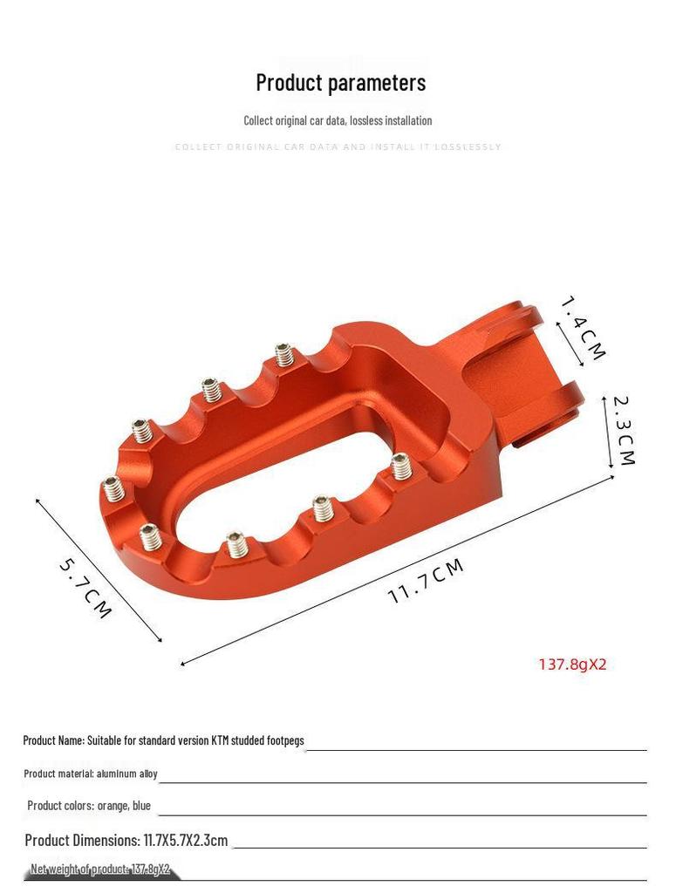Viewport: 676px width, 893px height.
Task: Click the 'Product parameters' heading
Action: pyautogui.click(x=340, y=82)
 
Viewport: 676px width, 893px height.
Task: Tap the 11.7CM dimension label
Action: pyautogui.click(x=426, y=582)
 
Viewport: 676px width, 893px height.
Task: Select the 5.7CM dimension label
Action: pyautogui.click(x=85, y=589)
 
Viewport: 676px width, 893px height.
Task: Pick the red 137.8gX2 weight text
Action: pyautogui.click(x=572, y=665)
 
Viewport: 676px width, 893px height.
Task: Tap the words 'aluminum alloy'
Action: pyautogui.click(x=127, y=774)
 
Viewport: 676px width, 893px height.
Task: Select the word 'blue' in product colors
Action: pyautogui.click(x=141, y=806)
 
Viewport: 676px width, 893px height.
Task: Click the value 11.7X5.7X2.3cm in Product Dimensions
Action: pyautogui.click(x=186, y=841)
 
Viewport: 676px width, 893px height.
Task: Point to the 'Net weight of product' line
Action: pyautogui.click(x=100, y=869)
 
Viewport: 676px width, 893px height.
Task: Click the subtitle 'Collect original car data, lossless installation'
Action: pyautogui.click(x=338, y=120)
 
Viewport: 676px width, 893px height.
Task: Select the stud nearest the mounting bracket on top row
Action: pyautogui.click(x=283, y=355)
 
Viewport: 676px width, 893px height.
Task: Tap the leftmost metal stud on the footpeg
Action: pyautogui.click(x=113, y=488)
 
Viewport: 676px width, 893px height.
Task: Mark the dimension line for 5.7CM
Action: pyautogui.click(x=99, y=570)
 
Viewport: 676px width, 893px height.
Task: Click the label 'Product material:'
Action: pyautogui.click(x=58, y=774)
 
